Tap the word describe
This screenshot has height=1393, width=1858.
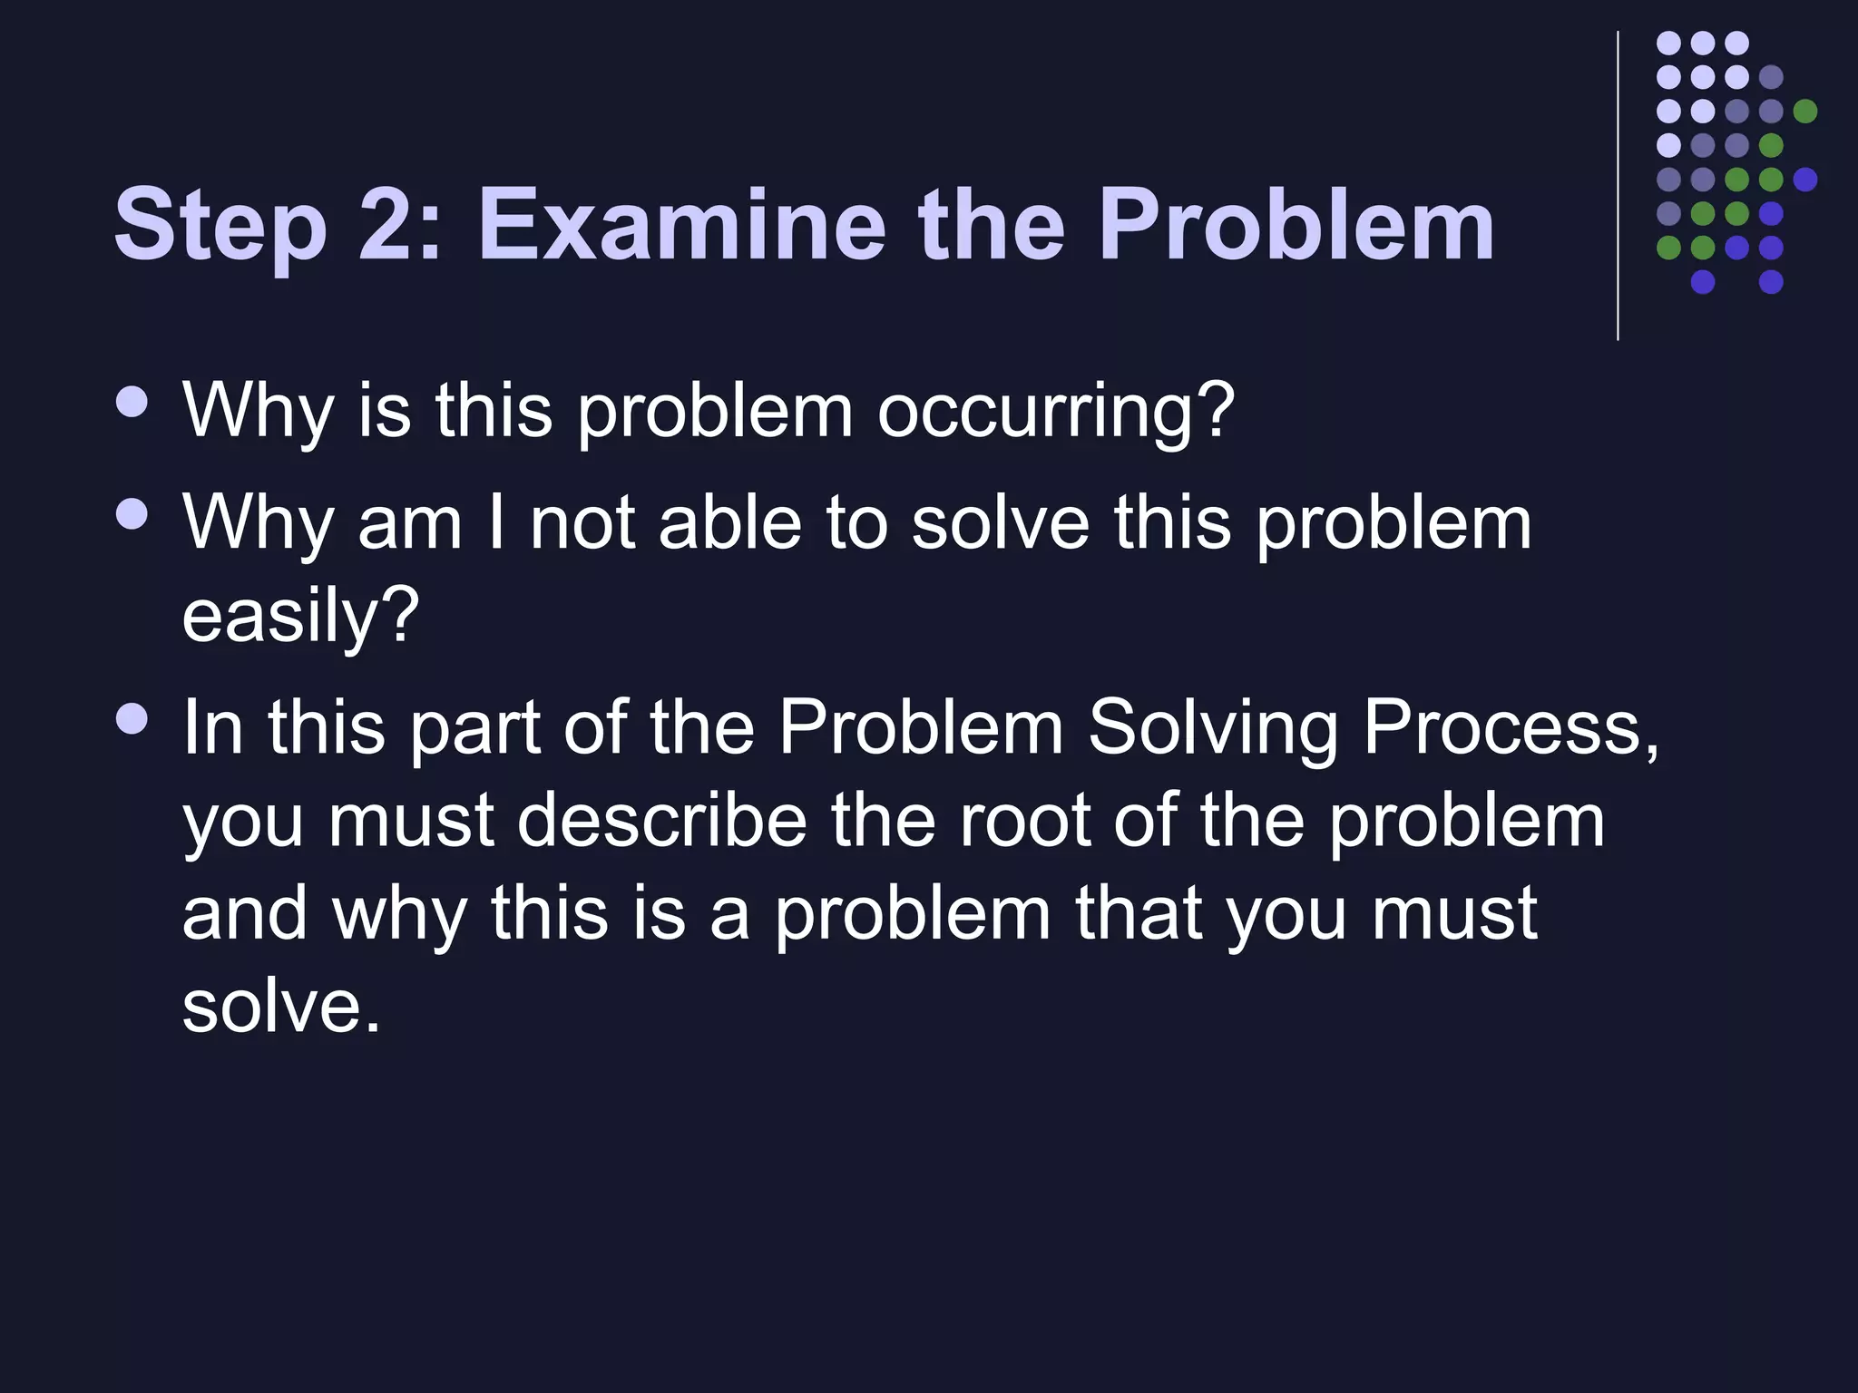pos(661,820)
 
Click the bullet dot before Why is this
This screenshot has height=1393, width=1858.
pos(133,402)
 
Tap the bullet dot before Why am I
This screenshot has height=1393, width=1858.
pos(133,514)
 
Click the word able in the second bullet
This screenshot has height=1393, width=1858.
pos(730,523)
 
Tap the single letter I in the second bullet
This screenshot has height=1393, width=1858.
pos(495,523)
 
